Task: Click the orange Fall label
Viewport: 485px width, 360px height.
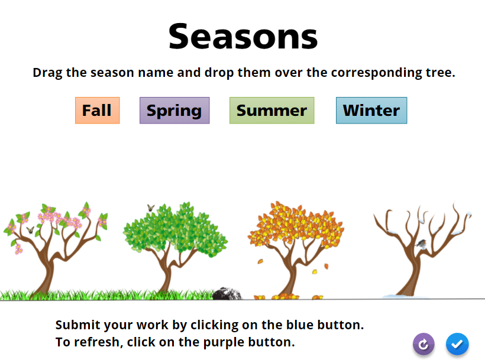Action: point(98,111)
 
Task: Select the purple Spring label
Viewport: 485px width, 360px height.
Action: point(174,111)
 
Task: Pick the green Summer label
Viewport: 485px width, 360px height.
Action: point(272,111)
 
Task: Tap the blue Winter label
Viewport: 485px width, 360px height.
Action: point(371,111)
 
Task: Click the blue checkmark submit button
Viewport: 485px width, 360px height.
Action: point(457,344)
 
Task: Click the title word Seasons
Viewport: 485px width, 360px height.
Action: point(243,37)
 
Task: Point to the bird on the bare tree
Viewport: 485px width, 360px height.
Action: point(422,244)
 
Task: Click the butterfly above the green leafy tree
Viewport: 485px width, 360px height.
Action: point(151,207)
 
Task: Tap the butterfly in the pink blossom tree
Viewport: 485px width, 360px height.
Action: point(30,230)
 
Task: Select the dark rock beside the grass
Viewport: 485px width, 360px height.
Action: point(227,294)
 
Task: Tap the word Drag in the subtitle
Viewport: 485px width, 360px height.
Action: point(47,73)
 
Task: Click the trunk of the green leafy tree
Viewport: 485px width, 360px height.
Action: point(166,275)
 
